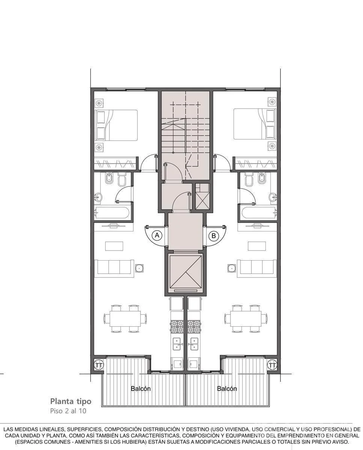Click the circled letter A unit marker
point(157,235)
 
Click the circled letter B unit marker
point(214,235)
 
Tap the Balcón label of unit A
point(141,388)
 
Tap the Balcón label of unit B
point(227,388)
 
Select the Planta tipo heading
point(71,401)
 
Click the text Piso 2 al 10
point(68,411)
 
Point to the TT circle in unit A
point(99,365)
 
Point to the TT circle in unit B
point(272,365)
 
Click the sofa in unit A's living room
point(114,268)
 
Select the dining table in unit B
point(246,319)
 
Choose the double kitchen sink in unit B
point(193,344)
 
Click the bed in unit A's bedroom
point(116,125)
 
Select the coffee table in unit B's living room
point(257,246)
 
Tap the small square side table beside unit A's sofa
point(139,268)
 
